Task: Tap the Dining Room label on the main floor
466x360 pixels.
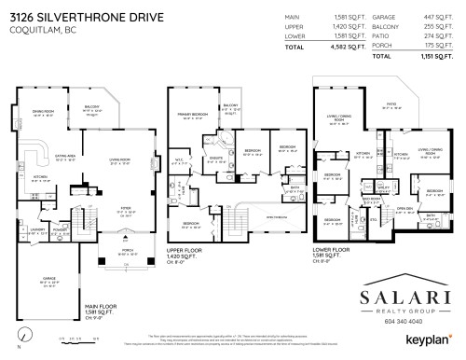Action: coord(44,112)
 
